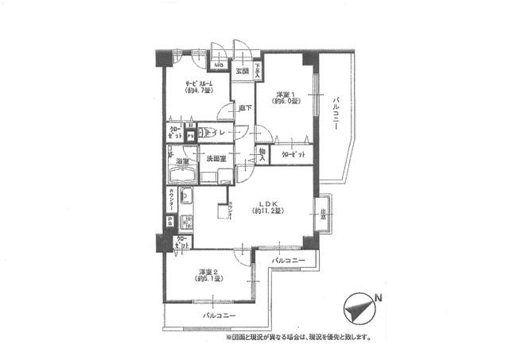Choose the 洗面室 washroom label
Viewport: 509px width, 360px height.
[x=216, y=158]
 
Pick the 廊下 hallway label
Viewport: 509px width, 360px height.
[x=246, y=108]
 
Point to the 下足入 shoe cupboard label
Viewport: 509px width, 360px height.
[x=258, y=69]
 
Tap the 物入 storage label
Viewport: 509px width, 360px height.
[x=262, y=153]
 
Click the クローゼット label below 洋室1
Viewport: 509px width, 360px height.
[x=292, y=154]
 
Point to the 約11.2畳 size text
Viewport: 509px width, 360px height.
[x=268, y=211]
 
